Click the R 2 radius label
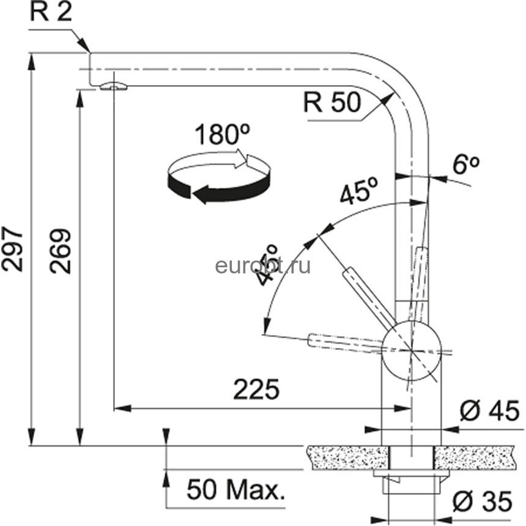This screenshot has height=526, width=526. coord(51,12)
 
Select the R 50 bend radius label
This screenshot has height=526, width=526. coord(332,102)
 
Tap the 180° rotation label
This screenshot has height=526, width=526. coord(222,134)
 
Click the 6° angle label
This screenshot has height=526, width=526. coord(465,164)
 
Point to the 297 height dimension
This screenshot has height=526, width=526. coord(12,248)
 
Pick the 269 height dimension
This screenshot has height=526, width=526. coord(61,251)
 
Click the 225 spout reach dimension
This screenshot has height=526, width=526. coord(256,389)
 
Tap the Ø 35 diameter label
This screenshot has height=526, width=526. coord(483,501)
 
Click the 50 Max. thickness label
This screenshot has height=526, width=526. coord(236,489)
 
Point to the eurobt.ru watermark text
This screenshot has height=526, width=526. coord(262,266)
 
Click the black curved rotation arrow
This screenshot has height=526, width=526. coord(218,188)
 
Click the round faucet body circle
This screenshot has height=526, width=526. coord(410,350)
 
